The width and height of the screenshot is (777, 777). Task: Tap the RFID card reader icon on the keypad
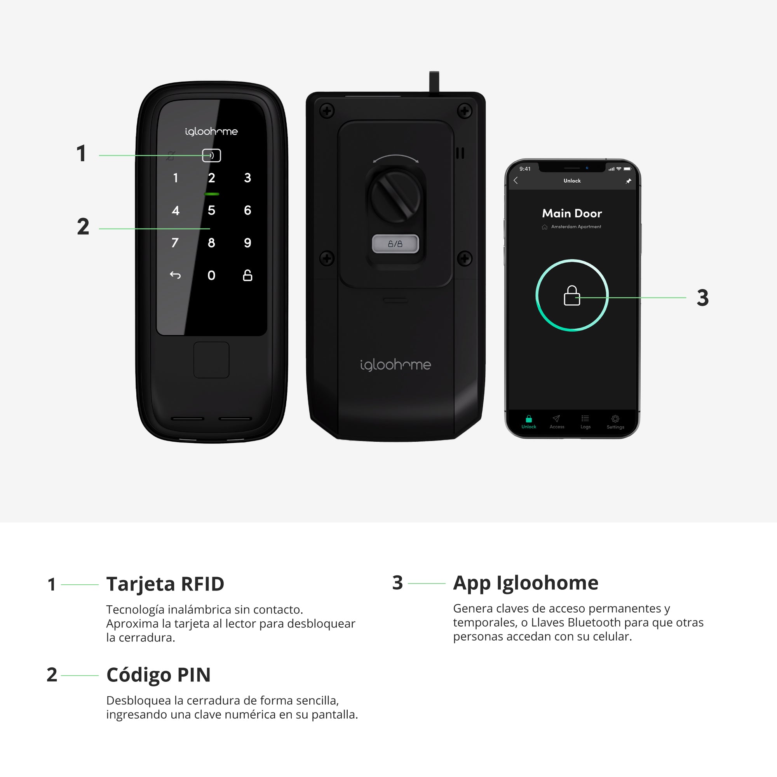click(211, 155)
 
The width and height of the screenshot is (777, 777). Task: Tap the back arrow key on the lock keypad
click(175, 275)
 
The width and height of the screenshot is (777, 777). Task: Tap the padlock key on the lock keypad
click(248, 275)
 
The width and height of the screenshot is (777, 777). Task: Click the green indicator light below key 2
click(212, 194)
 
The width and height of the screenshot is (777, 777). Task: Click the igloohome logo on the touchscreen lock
click(211, 132)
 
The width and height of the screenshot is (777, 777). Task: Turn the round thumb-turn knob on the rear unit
click(396, 197)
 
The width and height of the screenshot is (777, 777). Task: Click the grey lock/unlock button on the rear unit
click(395, 244)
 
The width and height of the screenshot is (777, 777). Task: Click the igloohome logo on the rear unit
click(395, 365)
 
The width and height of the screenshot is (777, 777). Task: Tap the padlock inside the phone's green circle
click(572, 296)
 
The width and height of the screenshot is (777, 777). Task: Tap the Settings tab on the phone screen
click(615, 422)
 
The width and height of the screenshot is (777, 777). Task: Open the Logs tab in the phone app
click(585, 422)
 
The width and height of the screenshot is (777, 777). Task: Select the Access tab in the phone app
click(557, 422)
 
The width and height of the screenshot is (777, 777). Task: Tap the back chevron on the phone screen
click(516, 181)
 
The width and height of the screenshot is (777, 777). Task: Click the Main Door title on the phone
click(572, 213)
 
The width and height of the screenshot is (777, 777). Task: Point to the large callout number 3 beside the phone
click(702, 298)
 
